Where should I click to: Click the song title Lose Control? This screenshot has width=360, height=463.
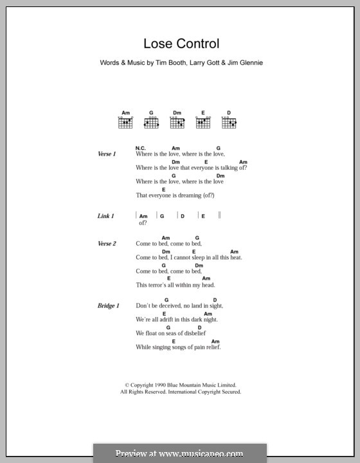click(x=182, y=44)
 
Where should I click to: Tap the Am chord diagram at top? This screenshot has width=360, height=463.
click(x=125, y=122)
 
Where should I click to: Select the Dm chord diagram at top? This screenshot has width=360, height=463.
click(x=177, y=122)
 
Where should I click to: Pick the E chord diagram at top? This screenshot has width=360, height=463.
click(x=203, y=122)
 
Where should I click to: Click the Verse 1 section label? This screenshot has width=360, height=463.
click(x=106, y=154)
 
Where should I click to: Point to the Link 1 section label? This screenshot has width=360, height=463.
click(x=105, y=217)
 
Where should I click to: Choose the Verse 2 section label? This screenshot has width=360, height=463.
click(x=106, y=244)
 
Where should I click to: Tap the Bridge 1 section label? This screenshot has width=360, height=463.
click(x=108, y=306)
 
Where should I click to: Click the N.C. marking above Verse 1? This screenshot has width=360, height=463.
click(x=141, y=148)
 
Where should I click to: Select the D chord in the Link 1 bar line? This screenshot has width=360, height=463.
click(x=183, y=217)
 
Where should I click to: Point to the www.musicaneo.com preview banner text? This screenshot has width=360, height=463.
click(x=180, y=453)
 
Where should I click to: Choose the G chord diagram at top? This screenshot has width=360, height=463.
click(x=151, y=122)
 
